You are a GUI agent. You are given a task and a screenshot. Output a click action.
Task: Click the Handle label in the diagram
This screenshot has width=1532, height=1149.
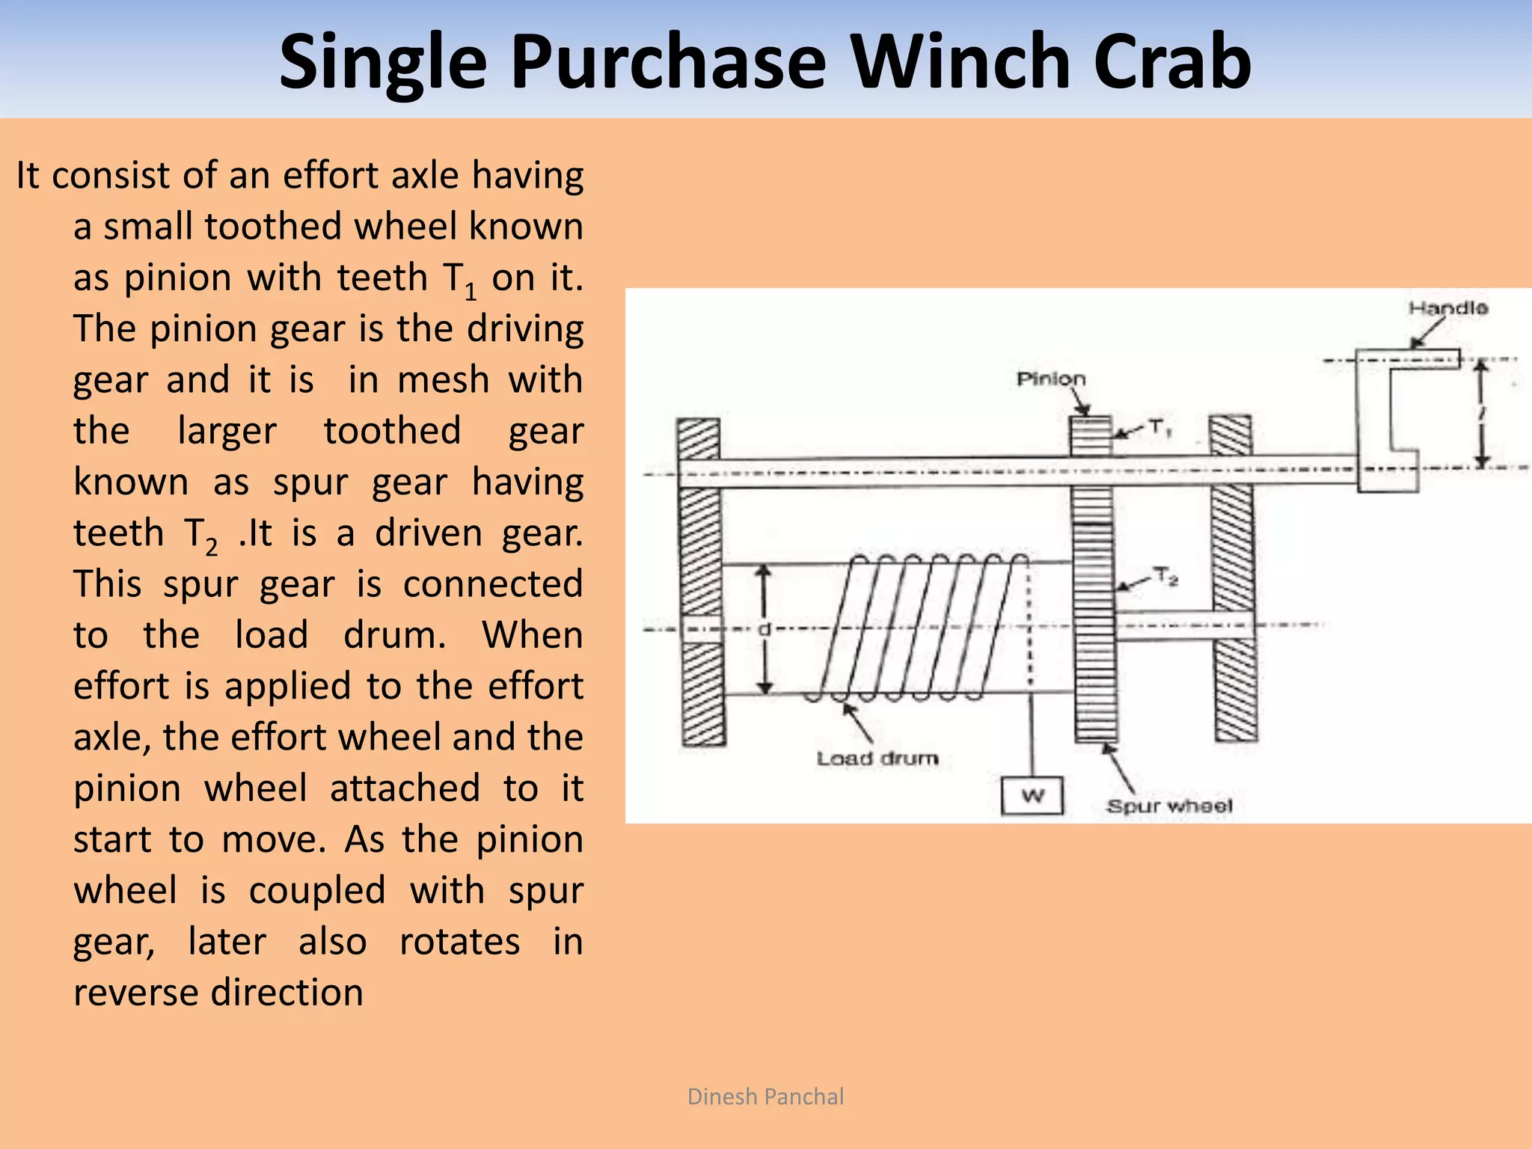point(1447,308)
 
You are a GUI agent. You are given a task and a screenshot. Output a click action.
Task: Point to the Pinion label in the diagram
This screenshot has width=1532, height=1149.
point(1050,379)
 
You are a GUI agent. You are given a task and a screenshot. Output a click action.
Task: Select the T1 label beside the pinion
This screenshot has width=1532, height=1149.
point(1159,429)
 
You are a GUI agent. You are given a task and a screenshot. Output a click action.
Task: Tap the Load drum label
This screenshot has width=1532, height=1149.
point(877,759)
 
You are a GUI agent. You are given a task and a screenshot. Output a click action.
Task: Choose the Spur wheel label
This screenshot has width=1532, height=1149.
point(1168,806)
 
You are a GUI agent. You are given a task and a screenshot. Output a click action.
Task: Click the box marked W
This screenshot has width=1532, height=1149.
point(1032,796)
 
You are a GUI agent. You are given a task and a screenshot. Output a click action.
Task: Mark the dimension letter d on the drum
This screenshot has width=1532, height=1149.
point(764,629)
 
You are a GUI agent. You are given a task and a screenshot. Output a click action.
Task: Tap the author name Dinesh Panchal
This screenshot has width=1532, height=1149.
point(765,1097)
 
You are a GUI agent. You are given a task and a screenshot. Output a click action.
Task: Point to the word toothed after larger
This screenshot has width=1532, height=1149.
point(392,431)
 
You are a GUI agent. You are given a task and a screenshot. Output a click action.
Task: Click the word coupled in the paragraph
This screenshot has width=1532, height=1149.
point(317,890)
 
